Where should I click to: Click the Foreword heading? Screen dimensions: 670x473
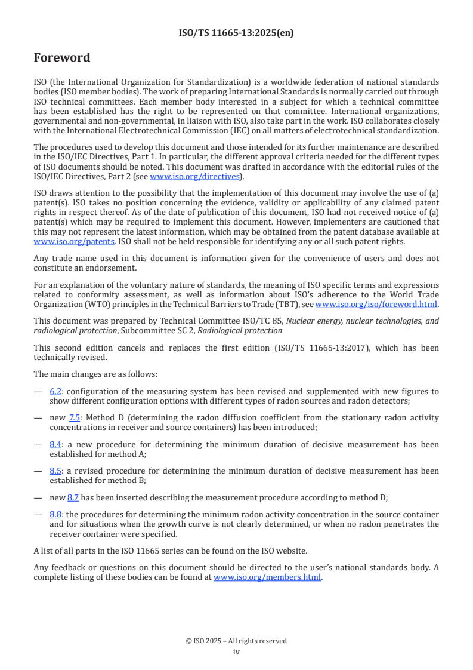coord(62,58)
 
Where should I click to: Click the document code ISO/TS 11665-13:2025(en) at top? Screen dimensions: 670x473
coord(236,33)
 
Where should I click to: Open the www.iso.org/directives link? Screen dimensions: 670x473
coord(194,176)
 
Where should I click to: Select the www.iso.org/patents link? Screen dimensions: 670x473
coord(58,241)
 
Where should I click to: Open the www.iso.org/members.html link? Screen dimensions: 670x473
coord(267,577)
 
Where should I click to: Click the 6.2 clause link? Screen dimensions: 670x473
coord(55,392)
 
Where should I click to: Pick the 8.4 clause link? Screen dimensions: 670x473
coord(55,444)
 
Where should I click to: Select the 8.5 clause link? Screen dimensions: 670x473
coord(55,471)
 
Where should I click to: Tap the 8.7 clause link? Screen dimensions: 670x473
coord(73,497)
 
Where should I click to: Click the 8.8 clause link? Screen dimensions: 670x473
coord(55,514)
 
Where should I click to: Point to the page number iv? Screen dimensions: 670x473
coord(236,651)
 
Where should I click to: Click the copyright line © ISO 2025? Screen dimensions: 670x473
coord(236,641)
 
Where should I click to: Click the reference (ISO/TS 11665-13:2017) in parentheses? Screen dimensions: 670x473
coord(324,348)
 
